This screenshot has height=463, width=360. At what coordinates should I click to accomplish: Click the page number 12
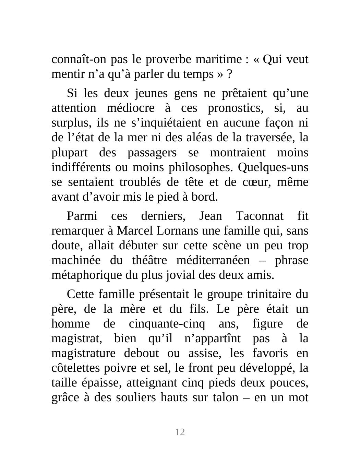tap(180, 432)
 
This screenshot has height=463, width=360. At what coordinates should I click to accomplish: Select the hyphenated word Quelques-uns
tap(273, 167)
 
